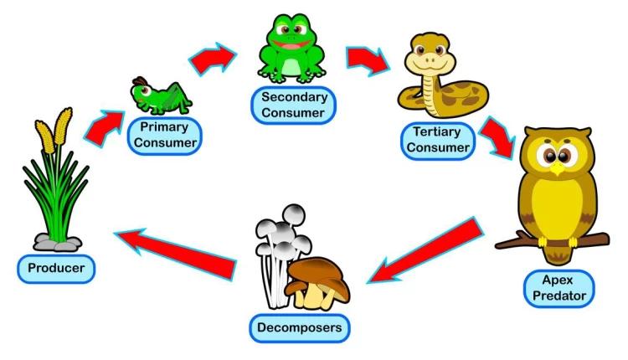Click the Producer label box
(x=56, y=268)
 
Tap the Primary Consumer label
(x=163, y=136)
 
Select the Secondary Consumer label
(x=292, y=105)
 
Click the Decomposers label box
(x=298, y=327)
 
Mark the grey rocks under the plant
(x=56, y=243)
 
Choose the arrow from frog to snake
(x=368, y=59)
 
